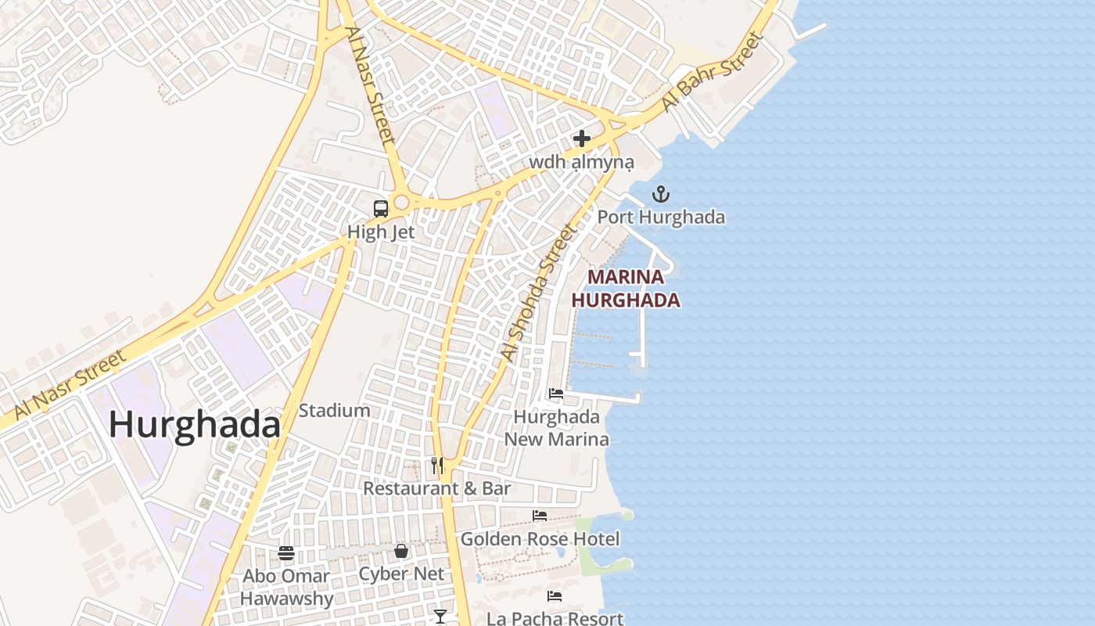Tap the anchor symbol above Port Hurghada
coord(662,194)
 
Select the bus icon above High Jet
coord(381,209)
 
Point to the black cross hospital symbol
coord(581,139)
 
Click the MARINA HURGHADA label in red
coord(626,288)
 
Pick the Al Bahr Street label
coord(712,71)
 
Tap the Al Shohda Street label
coord(539,293)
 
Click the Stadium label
coord(334,410)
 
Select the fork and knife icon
coord(437,466)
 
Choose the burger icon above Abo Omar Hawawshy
coord(286,553)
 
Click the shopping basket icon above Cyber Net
coord(401,551)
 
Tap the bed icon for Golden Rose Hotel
coord(540,516)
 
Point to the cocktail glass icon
coord(440,617)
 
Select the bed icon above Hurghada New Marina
coord(556,394)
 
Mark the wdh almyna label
coord(581,162)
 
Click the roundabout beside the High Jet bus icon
coord(402,203)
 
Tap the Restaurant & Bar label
coord(437,488)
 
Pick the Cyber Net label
coord(401,574)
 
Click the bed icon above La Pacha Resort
coord(555,596)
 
